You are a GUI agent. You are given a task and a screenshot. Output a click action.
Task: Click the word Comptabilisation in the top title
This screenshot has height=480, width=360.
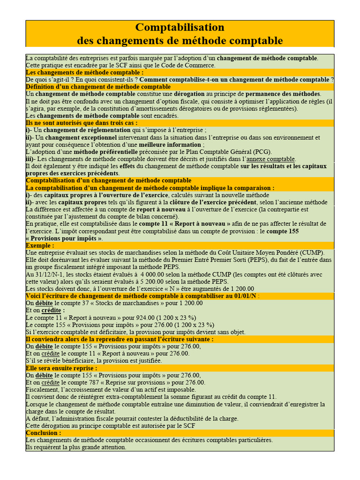tap(180, 27)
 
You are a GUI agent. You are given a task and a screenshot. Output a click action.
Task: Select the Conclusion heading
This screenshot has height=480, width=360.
tap(44, 433)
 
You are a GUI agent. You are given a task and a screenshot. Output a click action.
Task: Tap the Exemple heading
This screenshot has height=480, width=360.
tap(40, 245)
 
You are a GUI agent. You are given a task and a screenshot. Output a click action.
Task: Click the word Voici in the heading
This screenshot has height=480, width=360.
tap(35, 296)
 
